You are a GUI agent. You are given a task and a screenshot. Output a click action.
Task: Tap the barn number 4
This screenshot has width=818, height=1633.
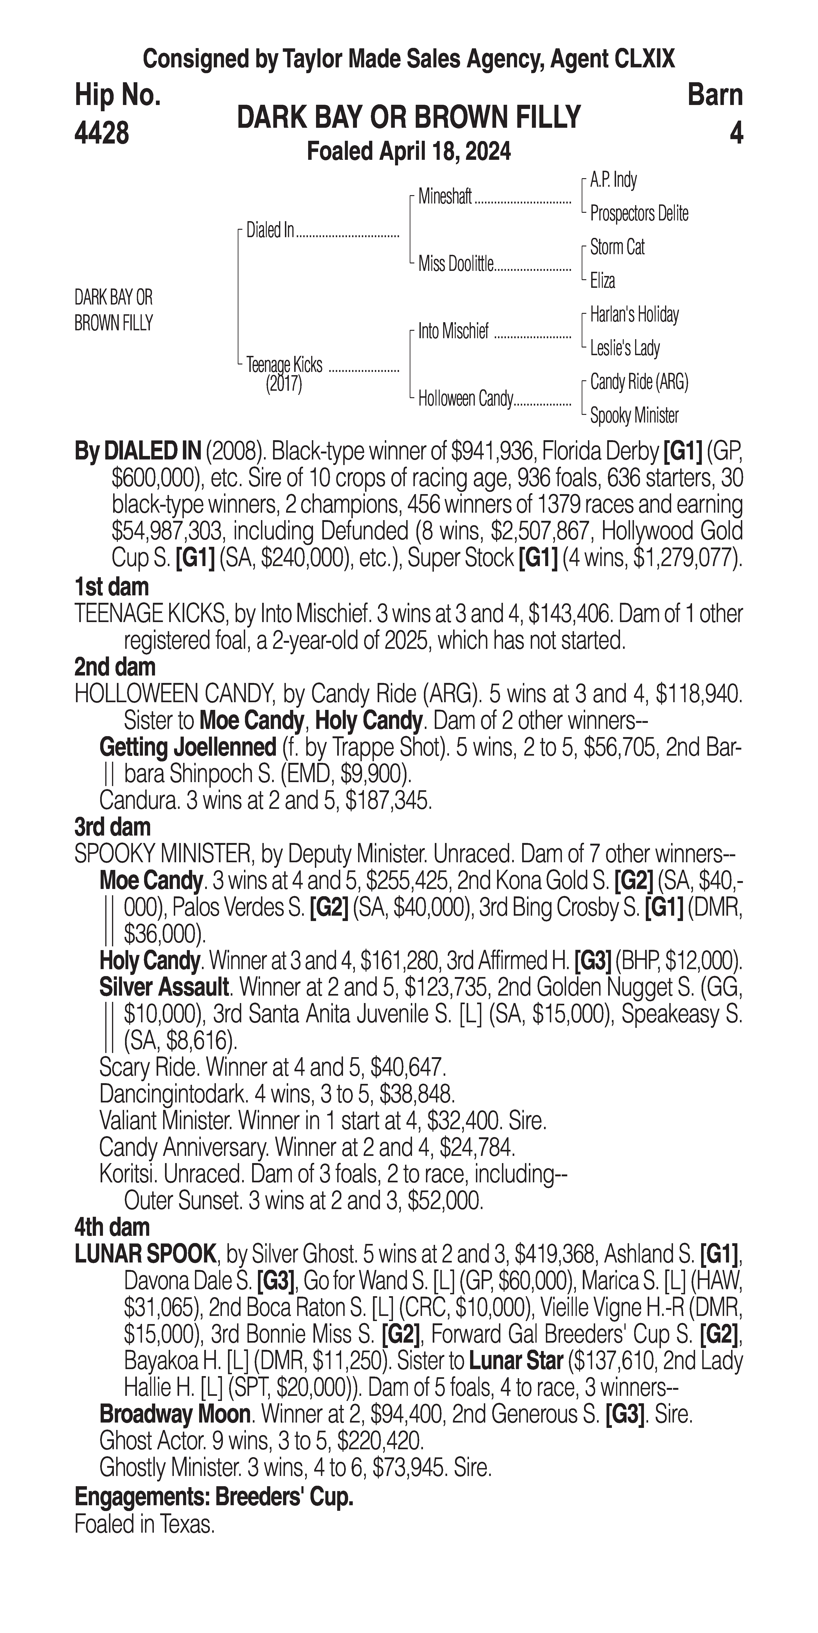tap(736, 133)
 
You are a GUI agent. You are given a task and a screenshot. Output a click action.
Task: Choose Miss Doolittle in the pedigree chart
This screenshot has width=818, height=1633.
tap(455, 264)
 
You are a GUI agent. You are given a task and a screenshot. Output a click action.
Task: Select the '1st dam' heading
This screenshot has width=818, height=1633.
tap(112, 587)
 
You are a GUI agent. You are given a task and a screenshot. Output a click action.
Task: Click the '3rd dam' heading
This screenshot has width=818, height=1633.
tap(113, 827)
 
